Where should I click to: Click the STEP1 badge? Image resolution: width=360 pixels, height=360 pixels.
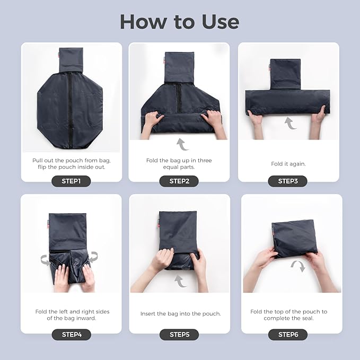pyautogui.click(x=71, y=181)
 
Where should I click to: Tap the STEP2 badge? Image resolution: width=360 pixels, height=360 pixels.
pyautogui.click(x=179, y=181)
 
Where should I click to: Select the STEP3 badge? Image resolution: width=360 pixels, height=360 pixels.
pyautogui.click(x=288, y=181)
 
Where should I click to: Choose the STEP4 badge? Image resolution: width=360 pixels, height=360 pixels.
pyautogui.click(x=72, y=335)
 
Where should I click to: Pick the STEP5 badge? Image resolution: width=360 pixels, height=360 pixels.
pyautogui.click(x=179, y=335)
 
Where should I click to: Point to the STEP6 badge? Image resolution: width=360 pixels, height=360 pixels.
pyautogui.click(x=288, y=335)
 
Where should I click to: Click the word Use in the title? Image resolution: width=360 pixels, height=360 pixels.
pyautogui.click(x=221, y=22)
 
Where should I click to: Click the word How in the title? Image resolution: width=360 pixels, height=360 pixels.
pyautogui.click(x=144, y=22)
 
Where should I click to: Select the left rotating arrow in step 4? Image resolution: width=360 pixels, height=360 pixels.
pyautogui.click(x=45, y=260)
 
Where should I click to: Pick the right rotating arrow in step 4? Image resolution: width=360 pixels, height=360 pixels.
pyautogui.click(x=93, y=257)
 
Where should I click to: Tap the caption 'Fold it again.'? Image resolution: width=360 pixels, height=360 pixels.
pyautogui.click(x=288, y=164)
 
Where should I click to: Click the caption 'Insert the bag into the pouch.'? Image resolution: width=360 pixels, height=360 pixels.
pyautogui.click(x=181, y=314)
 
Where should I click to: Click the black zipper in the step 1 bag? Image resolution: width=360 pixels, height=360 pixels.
pyautogui.click(x=70, y=110)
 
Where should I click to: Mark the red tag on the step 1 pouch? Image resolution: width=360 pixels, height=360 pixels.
pyautogui.click(x=58, y=56)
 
